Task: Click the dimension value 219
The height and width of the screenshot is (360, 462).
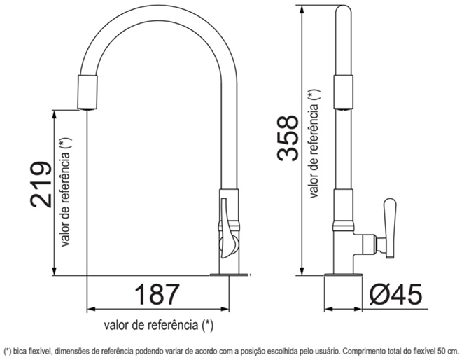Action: pyautogui.click(x=41, y=184)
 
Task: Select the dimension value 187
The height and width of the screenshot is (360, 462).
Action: pyautogui.click(x=157, y=294)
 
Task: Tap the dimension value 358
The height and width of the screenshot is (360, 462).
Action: pyautogui.click(x=288, y=138)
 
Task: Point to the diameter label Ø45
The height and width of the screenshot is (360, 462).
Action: pyautogui.click(x=395, y=294)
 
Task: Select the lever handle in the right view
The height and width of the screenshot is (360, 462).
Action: pyautogui.click(x=390, y=228)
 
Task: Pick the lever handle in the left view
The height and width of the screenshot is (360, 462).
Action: pyautogui.click(x=227, y=229)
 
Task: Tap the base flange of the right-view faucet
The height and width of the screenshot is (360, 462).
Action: pyautogui.click(x=343, y=275)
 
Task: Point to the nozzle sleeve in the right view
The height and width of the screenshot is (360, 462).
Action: pyautogui.click(x=343, y=92)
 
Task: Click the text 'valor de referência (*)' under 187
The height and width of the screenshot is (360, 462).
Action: pyautogui.click(x=158, y=325)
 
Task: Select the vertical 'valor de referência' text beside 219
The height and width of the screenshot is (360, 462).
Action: pyautogui.click(x=65, y=192)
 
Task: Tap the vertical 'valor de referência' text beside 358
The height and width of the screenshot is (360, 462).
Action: pyautogui.click(x=314, y=144)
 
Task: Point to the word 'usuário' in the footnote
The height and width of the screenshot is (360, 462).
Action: pyautogui.click(x=328, y=352)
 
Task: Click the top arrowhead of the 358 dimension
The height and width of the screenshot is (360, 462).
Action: pyautogui.click(x=302, y=9)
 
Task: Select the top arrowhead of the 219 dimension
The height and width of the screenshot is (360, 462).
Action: pyautogui.click(x=54, y=114)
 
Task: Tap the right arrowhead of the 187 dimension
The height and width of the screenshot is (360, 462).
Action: pyautogui.click(x=225, y=309)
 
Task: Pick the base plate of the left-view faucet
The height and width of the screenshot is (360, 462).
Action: pyautogui.click(x=229, y=275)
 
